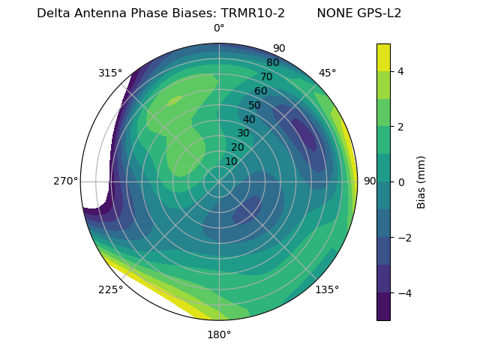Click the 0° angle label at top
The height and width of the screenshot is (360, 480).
point(219,28)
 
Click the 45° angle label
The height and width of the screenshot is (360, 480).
point(327,73)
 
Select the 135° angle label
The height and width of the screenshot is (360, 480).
point(327,289)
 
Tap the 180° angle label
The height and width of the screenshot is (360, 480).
point(219,334)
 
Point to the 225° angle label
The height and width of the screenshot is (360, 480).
point(110,289)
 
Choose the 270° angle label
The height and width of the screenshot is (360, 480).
point(65,181)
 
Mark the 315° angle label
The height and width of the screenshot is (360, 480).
point(110,73)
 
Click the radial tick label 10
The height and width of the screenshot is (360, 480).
point(231,161)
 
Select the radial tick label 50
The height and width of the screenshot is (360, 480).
point(254,105)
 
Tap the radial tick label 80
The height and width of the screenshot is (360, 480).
point(272,63)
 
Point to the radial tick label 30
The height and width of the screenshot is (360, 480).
point(243,133)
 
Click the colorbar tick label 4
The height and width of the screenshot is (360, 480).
point(401,71)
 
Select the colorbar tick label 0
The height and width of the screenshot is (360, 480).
point(401,181)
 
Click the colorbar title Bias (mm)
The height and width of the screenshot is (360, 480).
point(421,181)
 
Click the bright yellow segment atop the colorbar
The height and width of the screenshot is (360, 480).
point(383,57)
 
